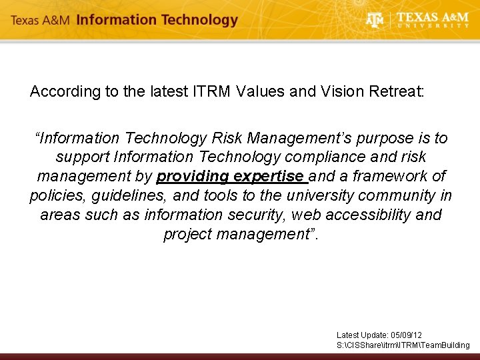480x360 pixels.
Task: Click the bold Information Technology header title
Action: pos(157,20)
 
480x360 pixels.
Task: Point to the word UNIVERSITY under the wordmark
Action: pos(433,26)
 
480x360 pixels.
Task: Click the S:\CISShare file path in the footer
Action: pos(403,345)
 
